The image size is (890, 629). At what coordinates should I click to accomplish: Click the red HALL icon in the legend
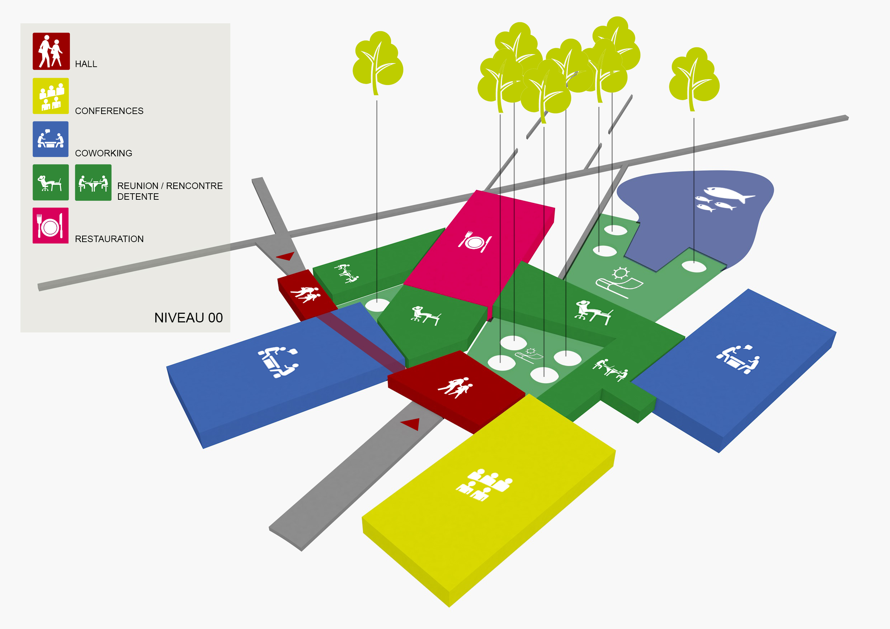(x=51, y=51)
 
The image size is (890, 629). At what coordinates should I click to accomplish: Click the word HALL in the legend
(x=86, y=64)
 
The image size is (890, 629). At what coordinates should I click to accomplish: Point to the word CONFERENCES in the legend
(x=109, y=111)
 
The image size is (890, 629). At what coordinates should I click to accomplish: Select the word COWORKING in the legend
(x=104, y=153)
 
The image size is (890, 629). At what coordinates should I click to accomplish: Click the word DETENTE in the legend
(x=138, y=197)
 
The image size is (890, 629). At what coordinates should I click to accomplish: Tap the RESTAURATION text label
(x=109, y=239)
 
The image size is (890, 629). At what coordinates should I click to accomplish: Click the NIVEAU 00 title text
(x=188, y=318)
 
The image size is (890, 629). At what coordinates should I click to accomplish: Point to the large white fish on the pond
(x=728, y=194)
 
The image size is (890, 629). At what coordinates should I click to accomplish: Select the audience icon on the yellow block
(x=484, y=485)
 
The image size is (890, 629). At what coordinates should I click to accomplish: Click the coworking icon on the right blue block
(x=738, y=359)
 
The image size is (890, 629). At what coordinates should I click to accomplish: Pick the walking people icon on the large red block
(x=456, y=387)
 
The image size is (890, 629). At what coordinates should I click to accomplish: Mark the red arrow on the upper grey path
(x=286, y=256)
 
